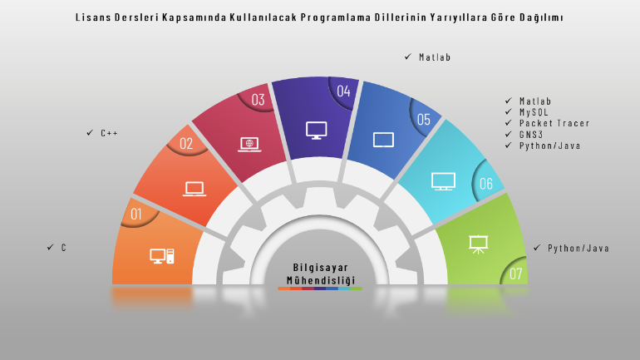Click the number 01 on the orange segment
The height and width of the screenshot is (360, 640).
coord(136,214)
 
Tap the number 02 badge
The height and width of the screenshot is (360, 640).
coord(186,143)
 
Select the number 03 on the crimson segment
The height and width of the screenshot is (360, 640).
coord(258,100)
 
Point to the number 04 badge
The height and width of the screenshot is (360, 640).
coord(343,91)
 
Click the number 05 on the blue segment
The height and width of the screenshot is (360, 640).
coord(424,120)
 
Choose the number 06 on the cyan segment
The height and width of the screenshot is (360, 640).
coord(486,184)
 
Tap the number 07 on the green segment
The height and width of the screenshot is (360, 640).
coord(516,274)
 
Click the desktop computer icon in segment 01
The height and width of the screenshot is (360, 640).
coord(162,256)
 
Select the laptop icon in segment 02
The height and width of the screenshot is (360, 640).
coord(194,189)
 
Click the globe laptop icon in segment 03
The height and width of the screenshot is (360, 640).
coord(249,145)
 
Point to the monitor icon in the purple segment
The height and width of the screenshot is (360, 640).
coord(317,131)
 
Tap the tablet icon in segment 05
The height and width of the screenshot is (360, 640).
coord(383,140)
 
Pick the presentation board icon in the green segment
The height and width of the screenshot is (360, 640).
coord(478,244)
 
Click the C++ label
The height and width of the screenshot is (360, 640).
coord(110,133)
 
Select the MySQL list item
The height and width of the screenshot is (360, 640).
coord(534,112)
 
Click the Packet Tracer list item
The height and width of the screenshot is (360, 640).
coord(554,123)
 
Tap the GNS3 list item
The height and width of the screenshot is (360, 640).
coord(531,135)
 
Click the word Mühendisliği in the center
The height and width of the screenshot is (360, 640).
coord(321,280)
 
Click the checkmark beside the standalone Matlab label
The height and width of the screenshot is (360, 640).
coord(408,57)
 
